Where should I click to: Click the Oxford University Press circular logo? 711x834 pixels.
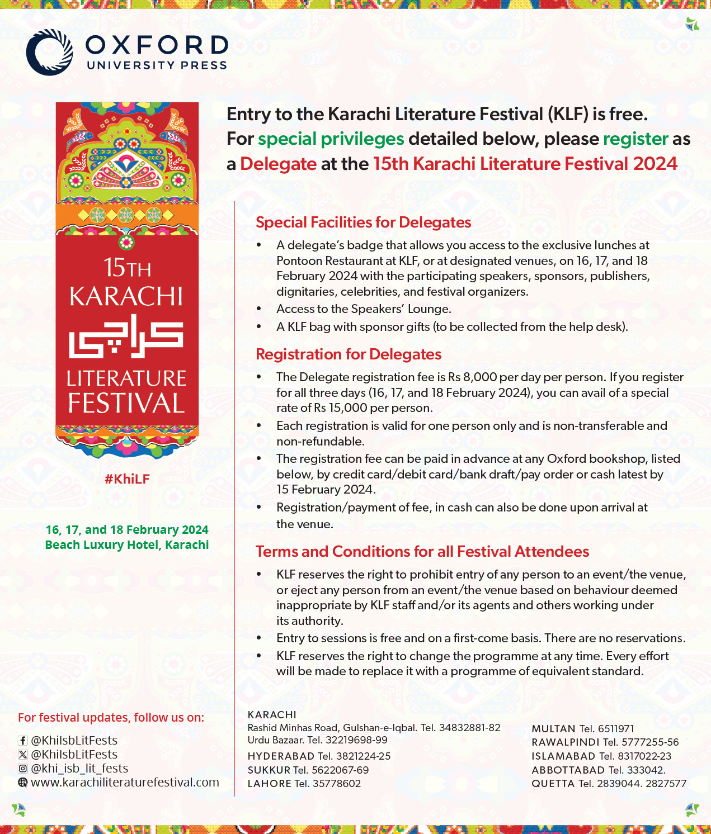coord(49,52)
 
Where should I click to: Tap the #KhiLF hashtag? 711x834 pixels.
coord(127,479)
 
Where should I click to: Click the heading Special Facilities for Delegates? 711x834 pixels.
coord(363,222)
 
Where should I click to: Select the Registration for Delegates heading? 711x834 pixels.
coord(349,354)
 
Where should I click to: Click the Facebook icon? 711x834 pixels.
coord(22,741)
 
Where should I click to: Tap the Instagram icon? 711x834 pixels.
coord(22,769)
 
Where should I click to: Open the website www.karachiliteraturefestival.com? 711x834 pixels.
coord(125,782)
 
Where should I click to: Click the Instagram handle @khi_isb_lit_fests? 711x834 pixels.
coord(79,769)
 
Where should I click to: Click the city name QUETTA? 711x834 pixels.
coord(553,784)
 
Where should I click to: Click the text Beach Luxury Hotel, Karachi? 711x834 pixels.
coord(127,545)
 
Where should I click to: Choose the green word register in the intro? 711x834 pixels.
coord(635,139)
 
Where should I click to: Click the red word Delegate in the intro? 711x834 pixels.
coord(278,164)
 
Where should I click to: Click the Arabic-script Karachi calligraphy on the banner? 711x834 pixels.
coord(126,337)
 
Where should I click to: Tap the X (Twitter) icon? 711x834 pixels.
coord(22,755)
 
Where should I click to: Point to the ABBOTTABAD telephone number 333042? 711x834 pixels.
coord(646,770)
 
